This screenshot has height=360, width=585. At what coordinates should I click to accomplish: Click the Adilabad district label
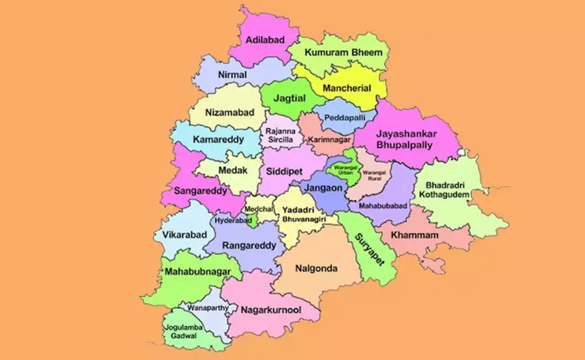pos(264,40)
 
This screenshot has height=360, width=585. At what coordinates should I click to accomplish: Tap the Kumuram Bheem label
pos(343,53)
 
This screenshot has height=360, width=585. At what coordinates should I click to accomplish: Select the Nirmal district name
pos(233,75)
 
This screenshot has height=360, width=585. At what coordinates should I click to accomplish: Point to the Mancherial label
pos(347,89)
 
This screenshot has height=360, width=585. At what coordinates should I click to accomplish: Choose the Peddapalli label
pos(344,117)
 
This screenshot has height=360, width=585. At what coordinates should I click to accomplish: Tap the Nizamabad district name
pos(230,113)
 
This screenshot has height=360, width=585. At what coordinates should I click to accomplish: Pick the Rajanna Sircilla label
pos(280,135)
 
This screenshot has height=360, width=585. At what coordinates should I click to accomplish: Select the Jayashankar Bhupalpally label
pos(406,139)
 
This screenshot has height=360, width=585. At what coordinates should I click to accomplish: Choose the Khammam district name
pos(415,235)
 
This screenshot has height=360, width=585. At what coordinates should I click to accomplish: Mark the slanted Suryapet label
pos(369,249)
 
